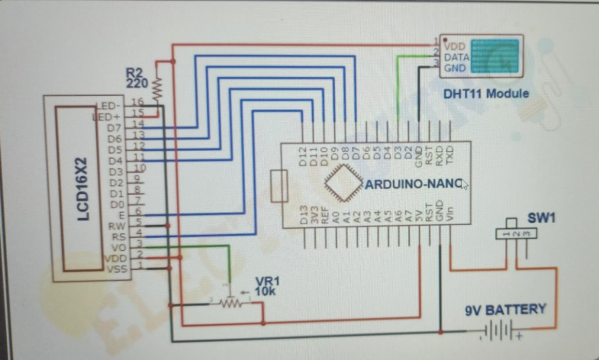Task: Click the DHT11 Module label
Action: (x=486, y=94)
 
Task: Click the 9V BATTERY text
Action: (x=505, y=310)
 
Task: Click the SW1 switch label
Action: (x=541, y=218)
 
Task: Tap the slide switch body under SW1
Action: (x=516, y=234)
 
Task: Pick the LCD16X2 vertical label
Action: (x=84, y=189)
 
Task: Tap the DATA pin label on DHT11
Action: (x=457, y=57)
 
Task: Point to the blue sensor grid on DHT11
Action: (x=496, y=56)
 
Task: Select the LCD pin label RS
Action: (x=114, y=237)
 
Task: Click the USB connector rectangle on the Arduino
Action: (x=279, y=186)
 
